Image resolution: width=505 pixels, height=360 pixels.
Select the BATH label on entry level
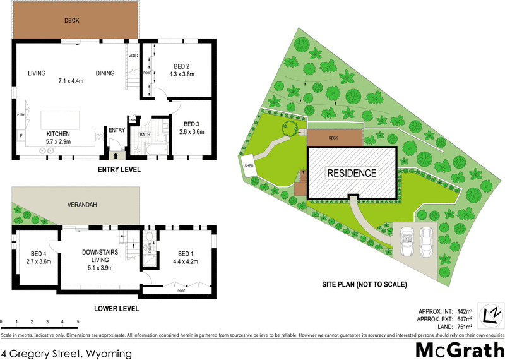pyautogui.click(x=145, y=134)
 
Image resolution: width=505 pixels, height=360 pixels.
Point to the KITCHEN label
pyautogui.click(x=57, y=134)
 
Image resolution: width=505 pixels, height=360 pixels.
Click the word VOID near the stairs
pyautogui.click(x=133, y=56)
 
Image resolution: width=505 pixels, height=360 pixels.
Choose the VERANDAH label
pyautogui.click(x=83, y=205)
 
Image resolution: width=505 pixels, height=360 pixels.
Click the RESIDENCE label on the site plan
pyautogui.click(x=351, y=172)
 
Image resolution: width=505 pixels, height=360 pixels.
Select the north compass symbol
pyautogui.click(x=490, y=314)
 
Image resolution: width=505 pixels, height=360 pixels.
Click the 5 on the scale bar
pyautogui.click(x=77, y=321)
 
